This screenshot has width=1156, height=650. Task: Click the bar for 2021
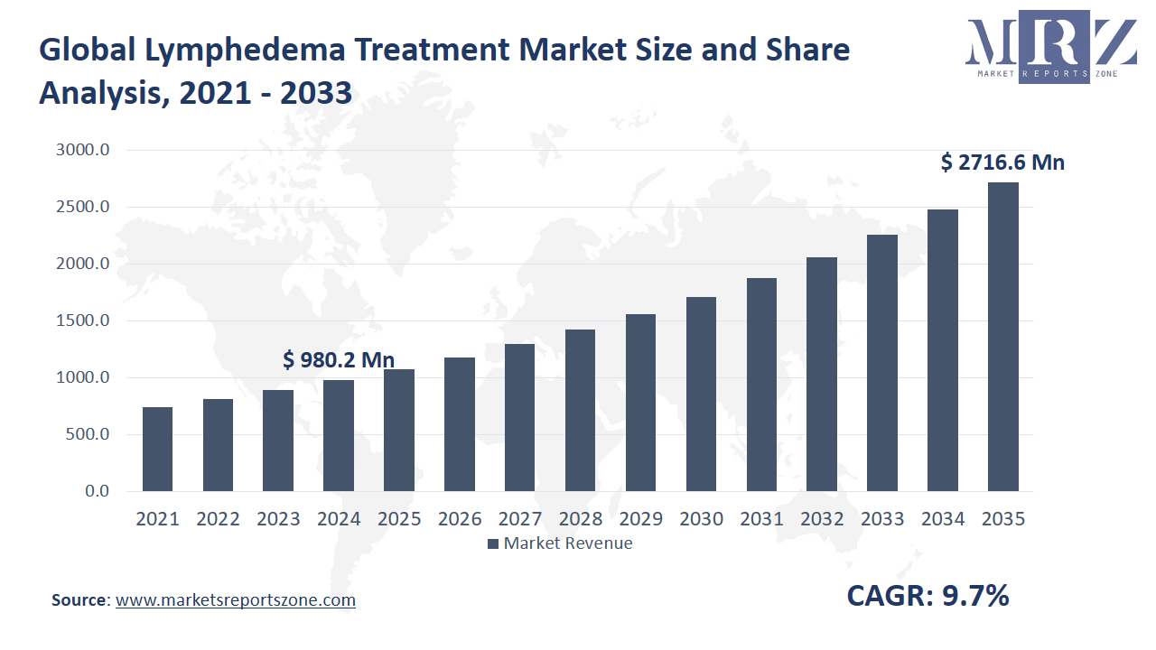coord(157,449)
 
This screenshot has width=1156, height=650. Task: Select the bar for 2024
coord(338,435)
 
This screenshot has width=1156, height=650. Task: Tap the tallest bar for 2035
coord(1002,337)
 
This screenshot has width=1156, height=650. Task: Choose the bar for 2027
coord(519,417)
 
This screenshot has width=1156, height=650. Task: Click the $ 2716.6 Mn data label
coord(1002,162)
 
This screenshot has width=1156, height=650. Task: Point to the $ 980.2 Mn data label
coord(338,360)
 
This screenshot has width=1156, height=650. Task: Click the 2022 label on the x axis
coord(218,519)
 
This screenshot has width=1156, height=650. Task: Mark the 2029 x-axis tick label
coord(640,519)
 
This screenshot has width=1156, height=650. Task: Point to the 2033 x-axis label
coord(882,519)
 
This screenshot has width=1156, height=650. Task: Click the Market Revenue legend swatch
coord(492,543)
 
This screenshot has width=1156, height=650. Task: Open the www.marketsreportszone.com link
coord(236,600)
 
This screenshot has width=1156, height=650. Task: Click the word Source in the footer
coord(79,600)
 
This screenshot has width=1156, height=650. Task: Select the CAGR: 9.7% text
coord(928,596)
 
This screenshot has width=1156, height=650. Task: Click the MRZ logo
coord(1051,50)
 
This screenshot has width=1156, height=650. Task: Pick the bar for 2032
coord(822,374)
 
